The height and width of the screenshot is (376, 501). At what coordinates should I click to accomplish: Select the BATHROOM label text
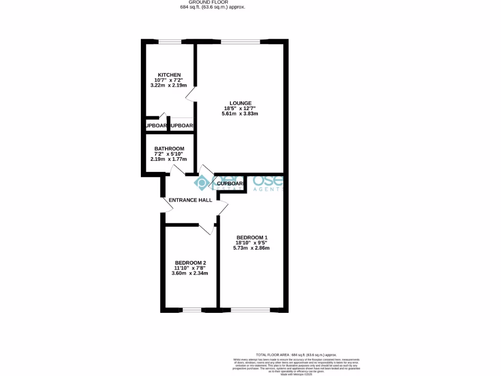[x=169, y=149]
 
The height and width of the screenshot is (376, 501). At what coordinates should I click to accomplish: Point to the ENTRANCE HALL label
[x=190, y=200]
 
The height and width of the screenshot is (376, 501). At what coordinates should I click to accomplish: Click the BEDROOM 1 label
[x=251, y=238]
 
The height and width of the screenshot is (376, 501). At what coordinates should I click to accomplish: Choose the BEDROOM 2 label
[x=190, y=262]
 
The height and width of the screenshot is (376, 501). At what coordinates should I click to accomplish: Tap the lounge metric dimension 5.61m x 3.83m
[x=240, y=114]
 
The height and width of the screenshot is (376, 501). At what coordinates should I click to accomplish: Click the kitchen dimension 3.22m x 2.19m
[x=169, y=85]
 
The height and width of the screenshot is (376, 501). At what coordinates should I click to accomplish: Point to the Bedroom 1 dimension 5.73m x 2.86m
[x=251, y=248]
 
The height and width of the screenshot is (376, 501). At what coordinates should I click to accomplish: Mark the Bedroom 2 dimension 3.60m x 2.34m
[x=190, y=273]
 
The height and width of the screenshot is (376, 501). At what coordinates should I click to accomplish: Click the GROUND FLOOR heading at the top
[x=212, y=2]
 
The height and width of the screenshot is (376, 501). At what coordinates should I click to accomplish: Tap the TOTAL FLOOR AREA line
[x=296, y=354]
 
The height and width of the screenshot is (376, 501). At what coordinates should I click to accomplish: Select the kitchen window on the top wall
[x=170, y=42]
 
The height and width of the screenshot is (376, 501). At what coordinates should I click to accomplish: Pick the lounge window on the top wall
[x=241, y=42]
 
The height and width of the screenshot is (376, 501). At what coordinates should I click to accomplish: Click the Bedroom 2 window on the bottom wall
[x=192, y=310]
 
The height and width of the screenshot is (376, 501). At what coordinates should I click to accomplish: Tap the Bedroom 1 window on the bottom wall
[x=250, y=310]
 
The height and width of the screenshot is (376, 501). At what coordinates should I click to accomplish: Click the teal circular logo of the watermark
[x=202, y=183]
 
